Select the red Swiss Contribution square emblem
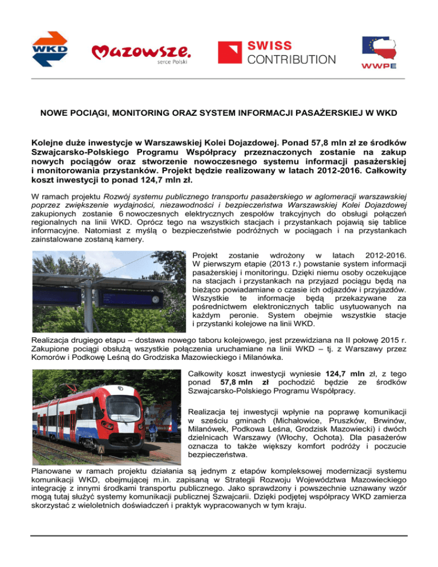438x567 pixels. [229, 54]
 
